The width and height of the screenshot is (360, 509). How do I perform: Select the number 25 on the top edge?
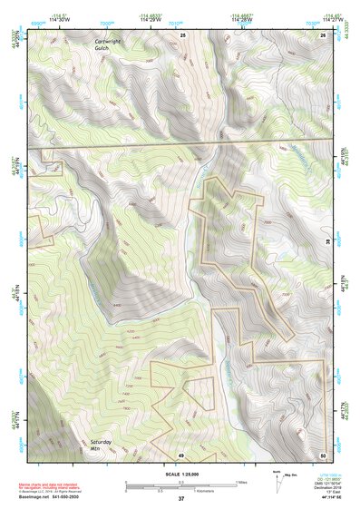[182, 34]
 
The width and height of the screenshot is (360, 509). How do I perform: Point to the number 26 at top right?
[323, 34]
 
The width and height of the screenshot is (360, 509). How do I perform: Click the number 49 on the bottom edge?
[180, 454]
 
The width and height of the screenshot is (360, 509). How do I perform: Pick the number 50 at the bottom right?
[323, 454]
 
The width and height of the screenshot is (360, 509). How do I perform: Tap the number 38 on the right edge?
[326, 241]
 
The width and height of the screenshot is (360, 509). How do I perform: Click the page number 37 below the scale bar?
[180, 498]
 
